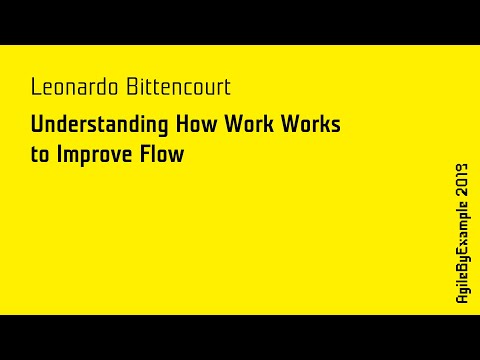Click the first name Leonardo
pyautogui.click(x=73, y=87)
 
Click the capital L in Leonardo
pyautogui.click(x=35, y=87)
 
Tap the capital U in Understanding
pyautogui.click(x=36, y=127)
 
